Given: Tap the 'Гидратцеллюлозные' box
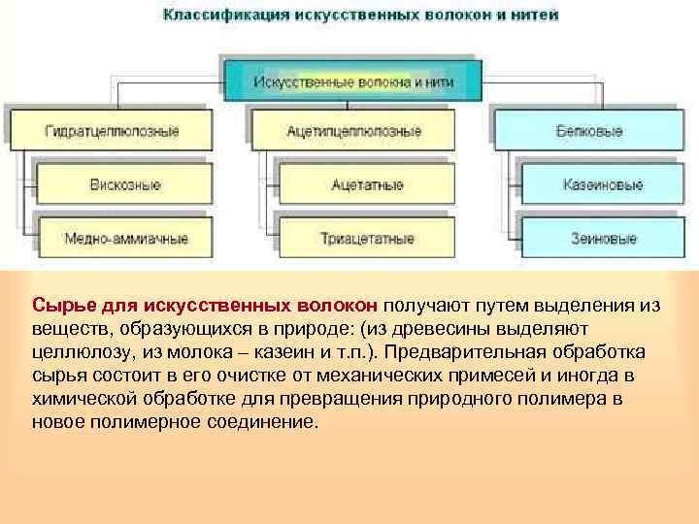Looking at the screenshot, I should click(112, 131).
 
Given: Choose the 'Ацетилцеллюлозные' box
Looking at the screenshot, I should click(353, 131).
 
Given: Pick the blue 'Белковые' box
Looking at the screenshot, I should click(589, 131).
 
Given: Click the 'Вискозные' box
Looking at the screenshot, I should click(125, 184).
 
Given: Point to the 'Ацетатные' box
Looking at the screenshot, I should click(366, 184).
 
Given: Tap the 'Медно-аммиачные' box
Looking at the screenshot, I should click(125, 238).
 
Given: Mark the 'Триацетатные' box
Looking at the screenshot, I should click(366, 238).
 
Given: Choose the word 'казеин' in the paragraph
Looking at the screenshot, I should click(279, 352).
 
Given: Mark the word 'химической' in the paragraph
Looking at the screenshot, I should click(77, 399).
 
